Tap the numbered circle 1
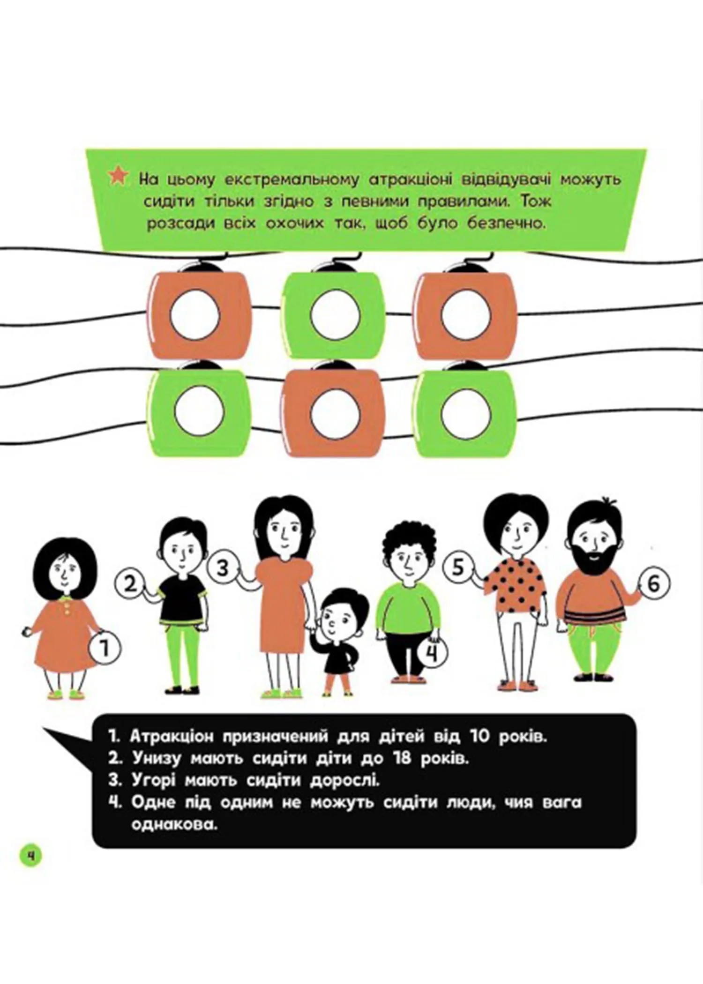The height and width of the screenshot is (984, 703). pos(104,649)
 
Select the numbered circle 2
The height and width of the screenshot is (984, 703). pos(130,584)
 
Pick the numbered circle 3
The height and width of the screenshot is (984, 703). pos(223,568)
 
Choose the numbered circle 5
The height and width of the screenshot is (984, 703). pos(458,567)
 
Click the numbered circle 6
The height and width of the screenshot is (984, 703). pos(654,583)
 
